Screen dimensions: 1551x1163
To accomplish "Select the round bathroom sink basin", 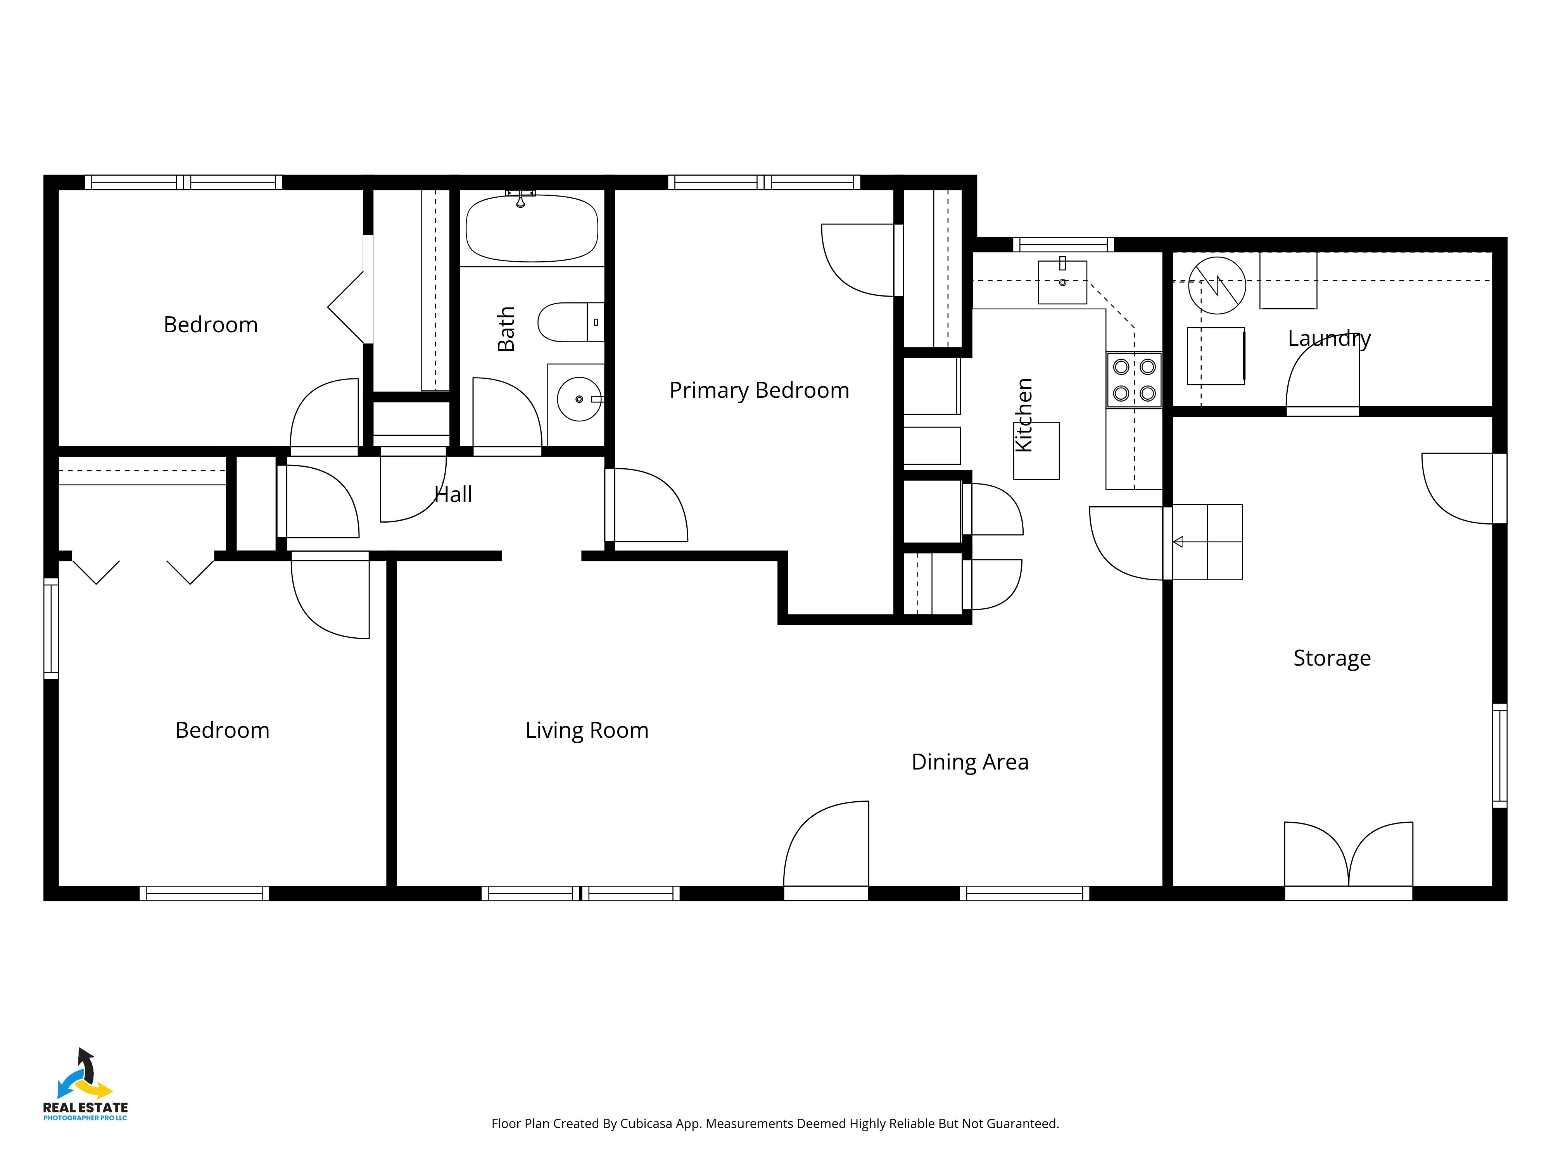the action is click(579, 399).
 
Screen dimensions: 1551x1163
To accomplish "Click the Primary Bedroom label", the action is click(759, 390).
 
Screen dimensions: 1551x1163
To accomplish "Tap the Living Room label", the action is click(587, 730).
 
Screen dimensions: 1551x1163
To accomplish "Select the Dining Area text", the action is click(970, 762).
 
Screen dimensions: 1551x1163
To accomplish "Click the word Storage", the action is click(1332, 658).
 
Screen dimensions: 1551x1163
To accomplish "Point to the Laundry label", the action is click(1329, 338).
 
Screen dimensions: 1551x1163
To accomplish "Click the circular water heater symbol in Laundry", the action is click(1217, 285).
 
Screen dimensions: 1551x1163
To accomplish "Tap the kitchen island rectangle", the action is click(1036, 451).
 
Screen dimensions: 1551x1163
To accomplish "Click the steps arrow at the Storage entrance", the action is click(1178, 542).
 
